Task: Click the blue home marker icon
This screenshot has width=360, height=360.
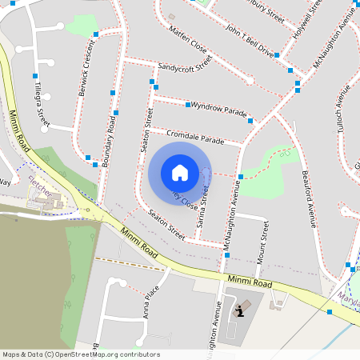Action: point(179,173)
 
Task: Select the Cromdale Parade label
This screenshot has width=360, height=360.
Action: point(195,135)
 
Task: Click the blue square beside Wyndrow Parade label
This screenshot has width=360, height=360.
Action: point(188,105)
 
